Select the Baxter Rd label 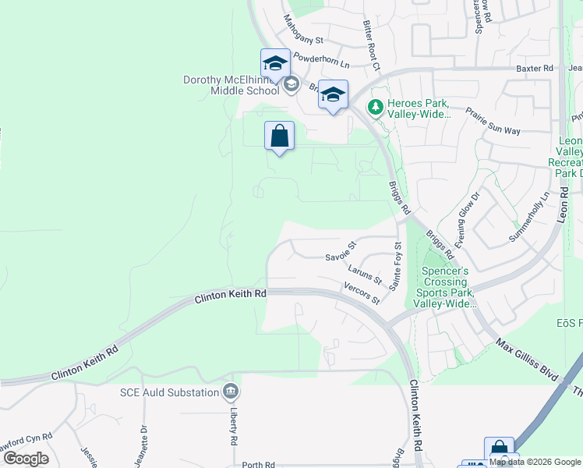534,69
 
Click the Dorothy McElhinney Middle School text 231,85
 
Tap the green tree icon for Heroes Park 376,106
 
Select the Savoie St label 341,251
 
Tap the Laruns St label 365,274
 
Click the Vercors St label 362,294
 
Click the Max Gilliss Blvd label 528,360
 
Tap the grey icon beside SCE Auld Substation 230,392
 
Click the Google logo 26,459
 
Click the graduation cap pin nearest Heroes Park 333,96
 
